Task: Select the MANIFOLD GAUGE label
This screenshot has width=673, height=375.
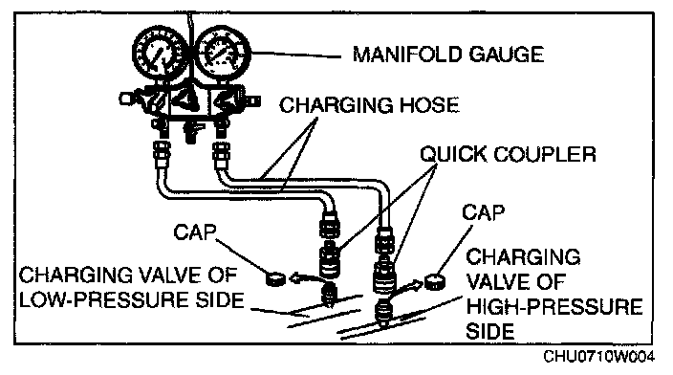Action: pyautogui.click(x=448, y=55)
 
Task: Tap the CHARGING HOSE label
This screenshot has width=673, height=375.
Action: pyautogui.click(x=369, y=105)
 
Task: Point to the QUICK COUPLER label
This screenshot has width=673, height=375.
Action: pyautogui.click(x=508, y=154)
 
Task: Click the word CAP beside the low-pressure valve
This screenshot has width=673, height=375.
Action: pyautogui.click(x=195, y=232)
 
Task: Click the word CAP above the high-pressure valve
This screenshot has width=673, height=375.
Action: pyautogui.click(x=484, y=212)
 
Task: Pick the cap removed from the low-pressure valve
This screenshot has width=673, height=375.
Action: pyautogui.click(x=275, y=279)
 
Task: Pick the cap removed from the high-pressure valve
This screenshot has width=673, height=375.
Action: pyautogui.click(x=435, y=282)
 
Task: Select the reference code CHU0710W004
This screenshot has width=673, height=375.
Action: pyautogui.click(x=598, y=357)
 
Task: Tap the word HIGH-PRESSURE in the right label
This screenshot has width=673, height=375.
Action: pyautogui.click(x=554, y=307)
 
